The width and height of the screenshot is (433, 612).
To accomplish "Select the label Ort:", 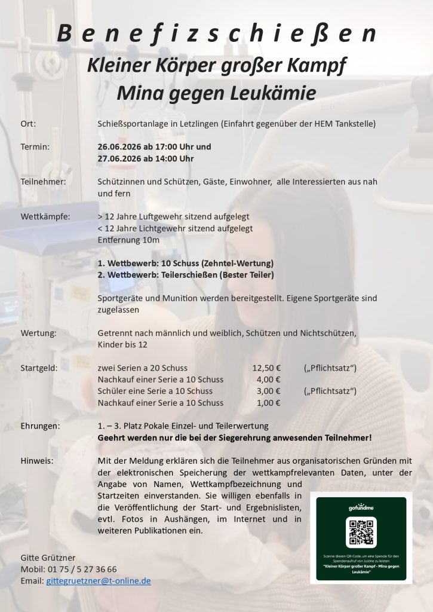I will pyautogui.click(x=28, y=124).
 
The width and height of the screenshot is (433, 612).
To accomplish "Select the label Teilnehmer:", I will pyautogui.click(x=43, y=181).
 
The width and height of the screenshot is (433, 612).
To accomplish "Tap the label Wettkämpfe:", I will pyautogui.click(x=45, y=216).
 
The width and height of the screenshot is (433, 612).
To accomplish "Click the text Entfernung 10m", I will pyautogui.click(x=128, y=240).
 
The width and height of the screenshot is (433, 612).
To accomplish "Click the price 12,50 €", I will pyautogui.click(x=266, y=368).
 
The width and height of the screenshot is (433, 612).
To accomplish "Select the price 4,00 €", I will pyautogui.click(x=268, y=380).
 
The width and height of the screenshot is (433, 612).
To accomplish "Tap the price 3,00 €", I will pyautogui.click(x=268, y=391).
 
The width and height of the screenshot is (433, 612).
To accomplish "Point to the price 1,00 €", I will pyautogui.click(x=268, y=403).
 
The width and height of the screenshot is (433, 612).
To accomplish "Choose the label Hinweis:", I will pyautogui.click(x=36, y=461).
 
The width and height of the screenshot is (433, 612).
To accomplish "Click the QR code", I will pyautogui.click(x=361, y=533).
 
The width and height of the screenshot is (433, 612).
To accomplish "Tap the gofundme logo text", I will pyautogui.click(x=361, y=507).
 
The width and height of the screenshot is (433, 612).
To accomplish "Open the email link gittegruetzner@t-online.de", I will pyautogui.click(x=99, y=580).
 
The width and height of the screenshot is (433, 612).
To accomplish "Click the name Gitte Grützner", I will pyautogui.click(x=48, y=557).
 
